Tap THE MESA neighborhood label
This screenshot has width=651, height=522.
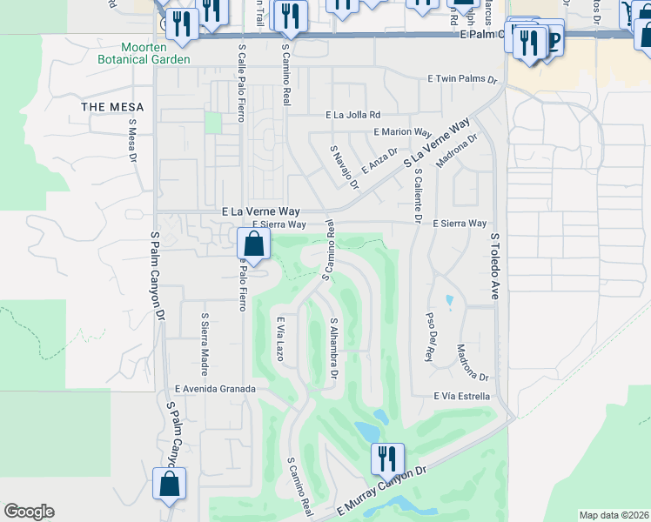(x=112, y=107)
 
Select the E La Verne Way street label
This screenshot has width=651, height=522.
(x=261, y=211)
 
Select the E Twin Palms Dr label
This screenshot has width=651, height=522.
(x=461, y=79)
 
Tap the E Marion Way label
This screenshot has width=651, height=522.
(x=401, y=132)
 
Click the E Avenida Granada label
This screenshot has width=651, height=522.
(x=215, y=388)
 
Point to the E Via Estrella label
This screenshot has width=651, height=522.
(x=462, y=397)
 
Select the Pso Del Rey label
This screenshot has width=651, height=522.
(x=428, y=336)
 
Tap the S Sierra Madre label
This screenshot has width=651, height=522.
(x=205, y=338)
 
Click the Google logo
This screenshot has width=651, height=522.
(x=29, y=512)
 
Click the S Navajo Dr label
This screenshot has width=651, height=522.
(x=344, y=166)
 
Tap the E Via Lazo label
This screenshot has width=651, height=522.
(x=280, y=339)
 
